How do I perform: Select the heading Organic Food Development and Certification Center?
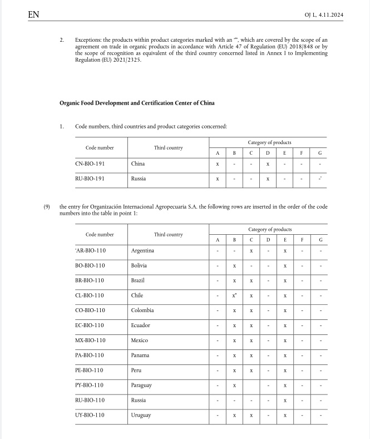point(137,103)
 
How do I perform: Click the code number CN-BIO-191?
point(90,164)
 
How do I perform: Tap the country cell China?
point(138,164)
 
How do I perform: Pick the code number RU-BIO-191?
point(90,179)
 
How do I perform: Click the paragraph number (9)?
point(47,206)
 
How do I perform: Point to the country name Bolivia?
point(140,265)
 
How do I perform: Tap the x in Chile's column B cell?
point(234,295)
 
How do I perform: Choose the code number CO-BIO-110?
point(90,310)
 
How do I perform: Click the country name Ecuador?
point(141,325)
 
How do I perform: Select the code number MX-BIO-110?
point(90,341)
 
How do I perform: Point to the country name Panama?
point(140,356)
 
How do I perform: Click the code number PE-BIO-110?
point(90,371)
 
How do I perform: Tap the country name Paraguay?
point(141,386)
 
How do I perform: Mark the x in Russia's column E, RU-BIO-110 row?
point(285,401)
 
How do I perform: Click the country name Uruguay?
point(141,416)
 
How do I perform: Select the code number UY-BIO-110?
point(90,416)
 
